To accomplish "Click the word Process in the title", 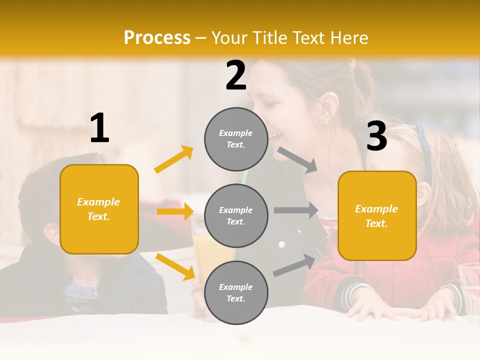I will click(157, 38).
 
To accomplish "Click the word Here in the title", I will click(347, 38).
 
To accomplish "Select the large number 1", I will click(99, 128).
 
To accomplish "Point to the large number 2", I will click(236, 75).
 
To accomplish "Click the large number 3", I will click(376, 136).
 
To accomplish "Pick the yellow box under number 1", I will click(99, 209).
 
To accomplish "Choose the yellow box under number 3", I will click(377, 216).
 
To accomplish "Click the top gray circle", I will click(236, 139).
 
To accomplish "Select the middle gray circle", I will click(236, 216).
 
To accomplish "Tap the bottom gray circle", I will click(236, 293).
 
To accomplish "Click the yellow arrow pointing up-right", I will click(174, 159).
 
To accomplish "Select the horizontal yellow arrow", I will click(175, 211).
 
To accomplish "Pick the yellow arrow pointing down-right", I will click(175, 266).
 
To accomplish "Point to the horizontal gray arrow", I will click(296, 210).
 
